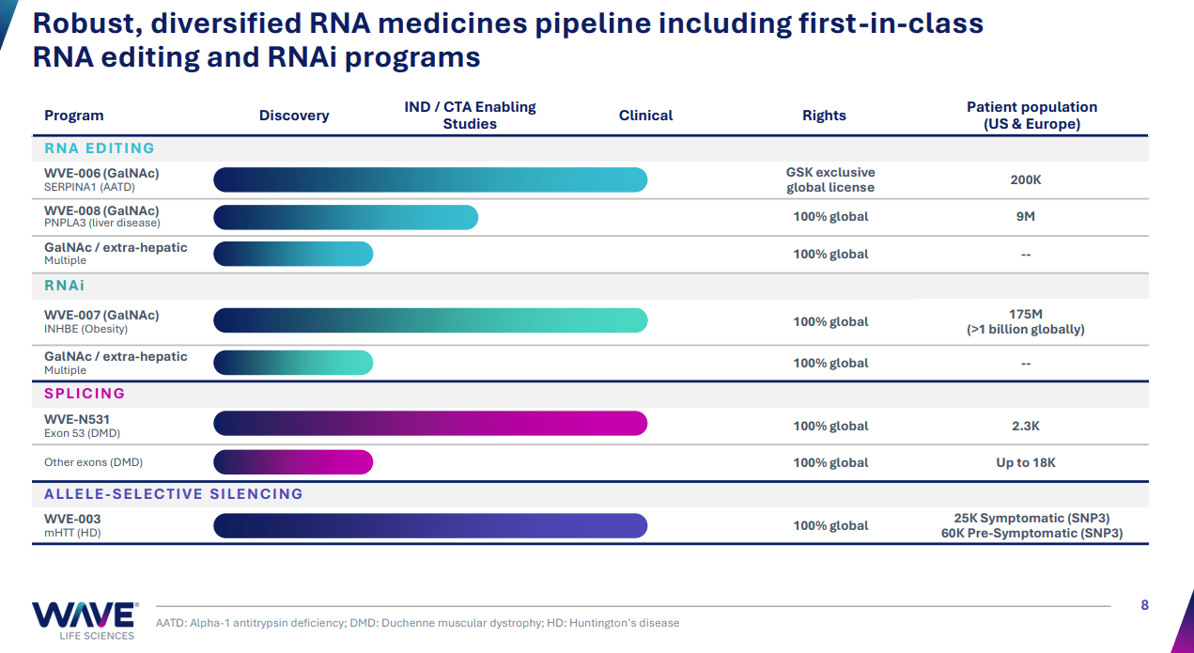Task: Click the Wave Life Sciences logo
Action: (84, 620)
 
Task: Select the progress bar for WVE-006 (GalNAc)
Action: (430, 179)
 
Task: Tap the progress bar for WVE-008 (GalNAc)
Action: (346, 217)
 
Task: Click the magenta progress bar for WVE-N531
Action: (430, 424)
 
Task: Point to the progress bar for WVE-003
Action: (430, 525)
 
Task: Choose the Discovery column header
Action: (294, 116)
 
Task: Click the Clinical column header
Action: (645, 116)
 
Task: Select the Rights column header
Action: (824, 116)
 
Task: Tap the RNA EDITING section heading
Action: (100, 148)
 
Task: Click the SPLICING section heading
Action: (85, 394)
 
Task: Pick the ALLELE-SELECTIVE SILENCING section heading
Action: (174, 494)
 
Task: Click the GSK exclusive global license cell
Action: (830, 179)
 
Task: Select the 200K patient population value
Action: (1025, 179)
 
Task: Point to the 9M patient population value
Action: (1025, 217)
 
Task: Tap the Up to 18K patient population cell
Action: (1025, 462)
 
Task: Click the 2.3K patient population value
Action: (1025, 426)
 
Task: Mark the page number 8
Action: (1144, 605)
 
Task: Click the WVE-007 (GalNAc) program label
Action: (101, 316)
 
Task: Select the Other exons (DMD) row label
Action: (94, 462)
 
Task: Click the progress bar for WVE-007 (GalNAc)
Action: (430, 320)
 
